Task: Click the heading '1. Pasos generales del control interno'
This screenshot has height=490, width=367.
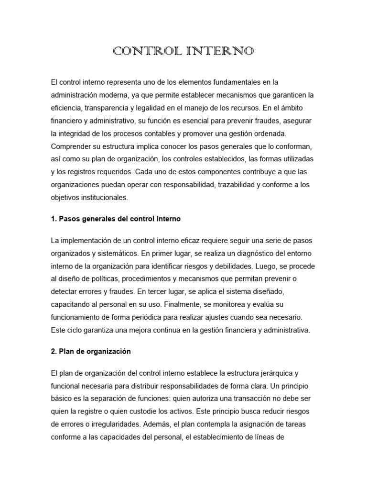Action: [x=115, y=219]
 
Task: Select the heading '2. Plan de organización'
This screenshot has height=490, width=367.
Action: [x=90, y=352]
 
